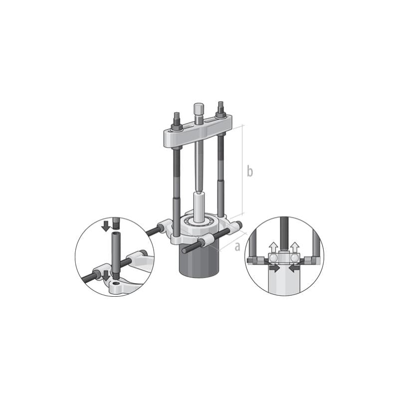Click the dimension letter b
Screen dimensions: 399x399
point(250,172)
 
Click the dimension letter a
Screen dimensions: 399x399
point(237,245)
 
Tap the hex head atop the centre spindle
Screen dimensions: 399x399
point(199,108)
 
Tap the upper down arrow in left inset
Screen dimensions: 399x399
point(106,225)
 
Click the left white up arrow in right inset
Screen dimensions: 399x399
point(274,246)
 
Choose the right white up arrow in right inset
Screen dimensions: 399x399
point(295,246)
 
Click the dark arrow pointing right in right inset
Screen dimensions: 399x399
point(274,268)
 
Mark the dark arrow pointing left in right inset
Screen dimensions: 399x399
point(295,268)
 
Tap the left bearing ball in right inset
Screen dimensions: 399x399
point(274,257)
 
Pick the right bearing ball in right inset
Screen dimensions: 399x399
point(295,257)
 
